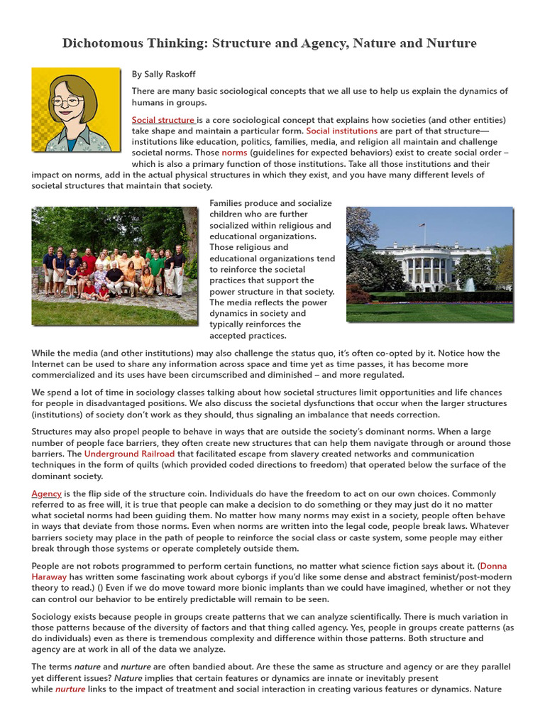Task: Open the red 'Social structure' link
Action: (x=163, y=120)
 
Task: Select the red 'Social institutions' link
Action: (x=341, y=131)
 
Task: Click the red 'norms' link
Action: (x=234, y=153)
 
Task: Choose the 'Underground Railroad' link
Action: (x=129, y=454)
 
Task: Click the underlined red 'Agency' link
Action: (x=46, y=493)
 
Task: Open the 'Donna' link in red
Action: (x=493, y=566)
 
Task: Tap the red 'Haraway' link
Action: (x=50, y=577)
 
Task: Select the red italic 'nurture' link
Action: (x=70, y=689)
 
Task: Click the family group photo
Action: (x=115, y=266)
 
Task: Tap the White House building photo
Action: (x=429, y=264)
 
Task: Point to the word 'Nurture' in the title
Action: (x=451, y=43)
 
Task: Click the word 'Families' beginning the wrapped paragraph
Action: (x=228, y=203)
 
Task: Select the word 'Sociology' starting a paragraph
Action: (x=54, y=617)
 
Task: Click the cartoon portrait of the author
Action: (x=76, y=109)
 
